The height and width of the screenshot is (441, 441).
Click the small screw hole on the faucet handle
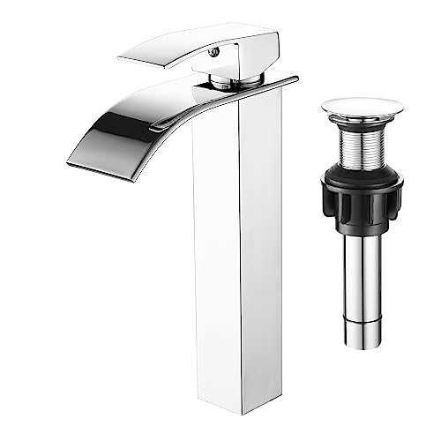pos(213,52)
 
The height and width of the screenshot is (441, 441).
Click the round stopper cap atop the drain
pos(362,107)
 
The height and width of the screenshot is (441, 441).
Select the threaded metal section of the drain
pos(362,146)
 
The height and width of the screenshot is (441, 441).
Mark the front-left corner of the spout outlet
pos(71,161)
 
